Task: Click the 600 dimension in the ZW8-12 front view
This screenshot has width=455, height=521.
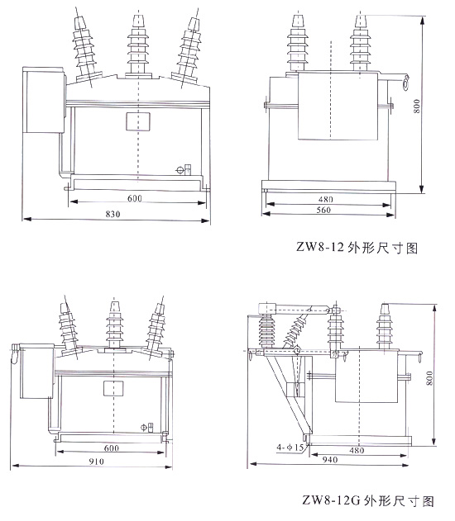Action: [134, 198]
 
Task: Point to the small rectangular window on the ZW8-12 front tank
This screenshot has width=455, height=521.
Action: [135, 122]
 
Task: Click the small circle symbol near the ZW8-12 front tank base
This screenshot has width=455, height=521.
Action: [180, 170]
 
